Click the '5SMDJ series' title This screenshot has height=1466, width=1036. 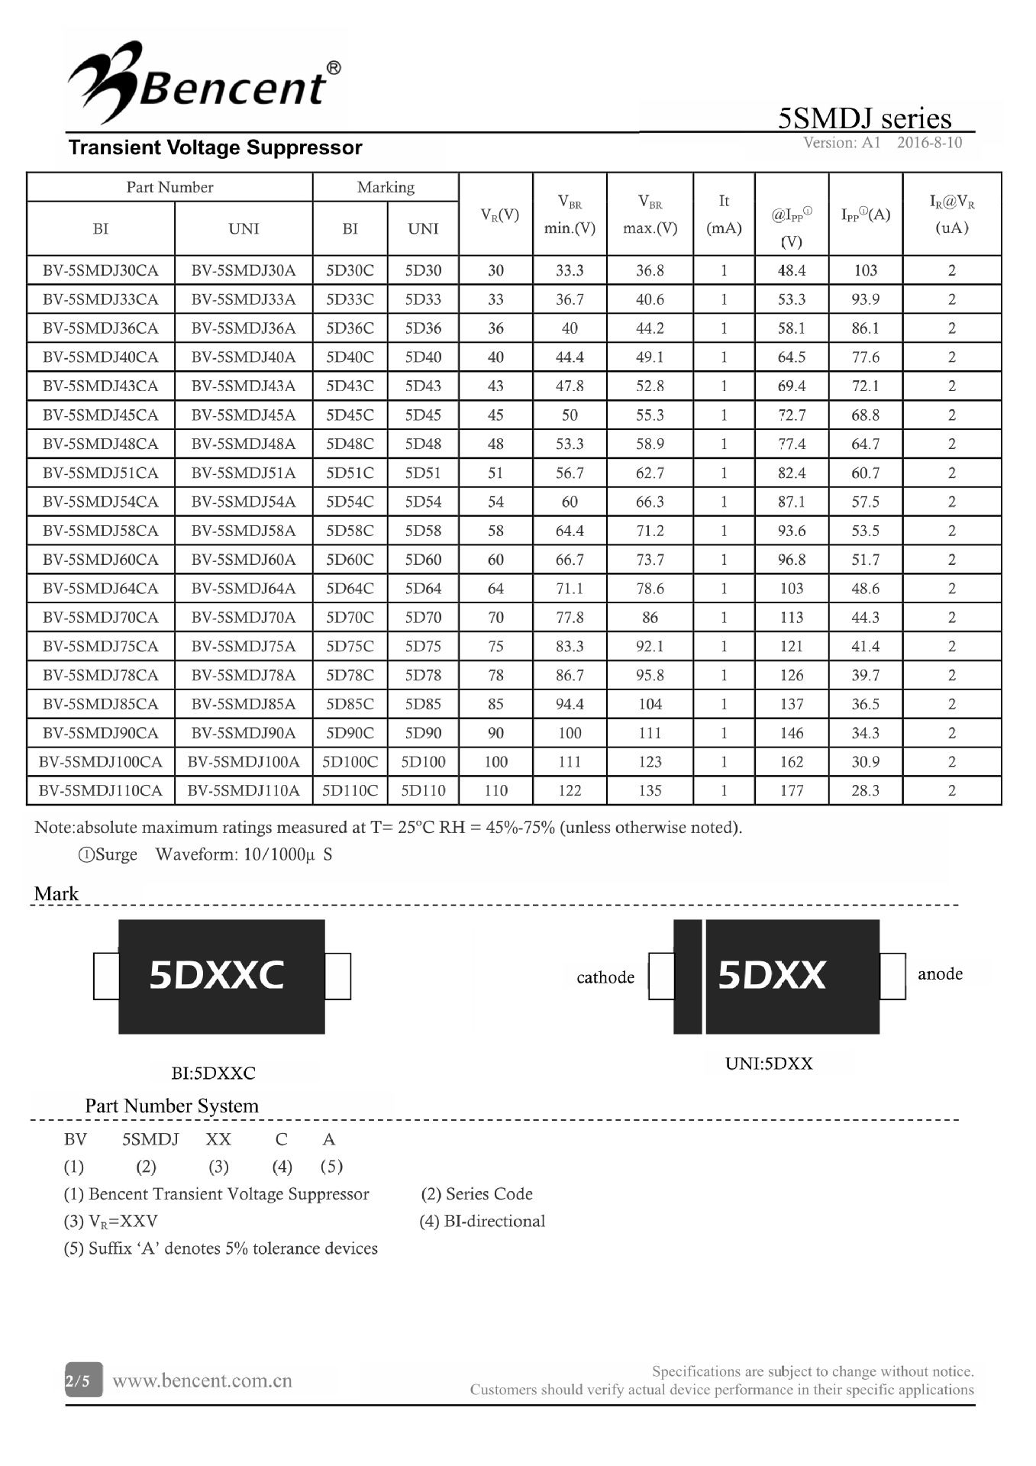point(864,118)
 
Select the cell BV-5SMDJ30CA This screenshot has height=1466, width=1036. point(101,270)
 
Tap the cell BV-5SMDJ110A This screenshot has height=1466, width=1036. point(244,790)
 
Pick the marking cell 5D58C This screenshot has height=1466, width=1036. point(350,531)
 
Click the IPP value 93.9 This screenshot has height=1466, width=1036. point(865,299)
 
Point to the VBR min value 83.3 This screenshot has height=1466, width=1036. point(570,646)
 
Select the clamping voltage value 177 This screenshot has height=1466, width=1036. point(791,790)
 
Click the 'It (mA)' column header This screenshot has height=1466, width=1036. point(724,214)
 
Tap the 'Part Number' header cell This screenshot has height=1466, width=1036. point(169,187)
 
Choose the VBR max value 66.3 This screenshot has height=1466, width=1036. point(650,502)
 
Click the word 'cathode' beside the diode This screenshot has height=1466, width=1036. point(605,977)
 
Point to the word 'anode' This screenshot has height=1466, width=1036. point(940,974)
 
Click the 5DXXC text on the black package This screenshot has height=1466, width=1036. point(217,975)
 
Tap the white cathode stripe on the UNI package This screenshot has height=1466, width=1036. point(703,977)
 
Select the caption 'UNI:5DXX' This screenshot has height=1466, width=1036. point(769,1063)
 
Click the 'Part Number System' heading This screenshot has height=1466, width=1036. point(172,1106)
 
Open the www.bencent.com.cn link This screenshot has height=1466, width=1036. point(202,1380)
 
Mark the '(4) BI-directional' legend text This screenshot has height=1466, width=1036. point(482,1221)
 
